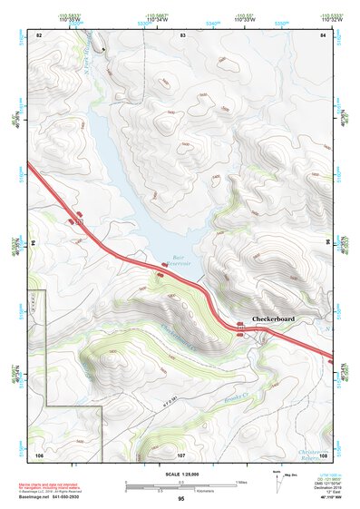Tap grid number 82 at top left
click(39, 34)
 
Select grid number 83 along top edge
click(182, 34)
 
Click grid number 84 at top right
click(323, 34)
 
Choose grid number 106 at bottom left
click(39, 453)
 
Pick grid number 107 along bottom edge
click(180, 453)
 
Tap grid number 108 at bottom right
click(323, 453)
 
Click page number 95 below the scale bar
click(181, 499)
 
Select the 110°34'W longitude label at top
click(155, 20)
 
